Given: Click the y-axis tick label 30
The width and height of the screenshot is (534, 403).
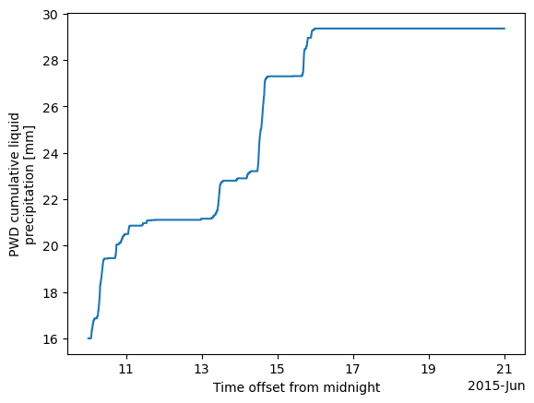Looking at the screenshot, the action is coord(50,15).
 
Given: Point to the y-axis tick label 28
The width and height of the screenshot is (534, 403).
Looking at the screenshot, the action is coord(50,61).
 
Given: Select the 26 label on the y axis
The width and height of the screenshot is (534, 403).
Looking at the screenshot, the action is coord(50,107).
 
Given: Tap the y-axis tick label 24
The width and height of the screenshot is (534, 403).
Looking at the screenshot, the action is coord(50,154).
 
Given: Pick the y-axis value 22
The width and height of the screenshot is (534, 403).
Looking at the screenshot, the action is coord(50,200).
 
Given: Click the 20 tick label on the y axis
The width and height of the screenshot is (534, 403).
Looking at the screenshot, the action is coord(50,246).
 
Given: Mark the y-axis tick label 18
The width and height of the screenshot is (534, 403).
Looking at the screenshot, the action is coord(50,293).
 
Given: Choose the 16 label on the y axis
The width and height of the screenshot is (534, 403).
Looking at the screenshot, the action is coord(50,339).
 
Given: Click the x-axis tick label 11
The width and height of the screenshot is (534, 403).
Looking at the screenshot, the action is coord(126,369).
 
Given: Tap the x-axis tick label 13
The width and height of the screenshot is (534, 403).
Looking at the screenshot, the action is coord(202,369).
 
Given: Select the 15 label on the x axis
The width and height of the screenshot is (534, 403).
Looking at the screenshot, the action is coord(278,369).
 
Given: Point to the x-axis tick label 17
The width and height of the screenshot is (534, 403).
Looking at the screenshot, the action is coord(353,369).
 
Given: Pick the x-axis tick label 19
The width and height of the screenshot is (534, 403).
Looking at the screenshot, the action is coord(429,369).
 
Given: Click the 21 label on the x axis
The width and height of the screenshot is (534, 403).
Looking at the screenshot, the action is coord(504,369).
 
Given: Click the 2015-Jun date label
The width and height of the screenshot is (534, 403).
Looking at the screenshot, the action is coord(496,386).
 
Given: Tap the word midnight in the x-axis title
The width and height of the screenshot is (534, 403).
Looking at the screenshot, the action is coord(351,388).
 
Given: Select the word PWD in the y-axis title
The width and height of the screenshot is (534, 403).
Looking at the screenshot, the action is coord(14,245).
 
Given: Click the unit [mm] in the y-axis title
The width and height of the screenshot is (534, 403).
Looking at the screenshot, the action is coord(30,136).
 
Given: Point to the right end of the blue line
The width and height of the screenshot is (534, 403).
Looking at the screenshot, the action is coord(504,29).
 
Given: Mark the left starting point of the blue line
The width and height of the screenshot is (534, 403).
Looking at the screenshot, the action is coord(88,338).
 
